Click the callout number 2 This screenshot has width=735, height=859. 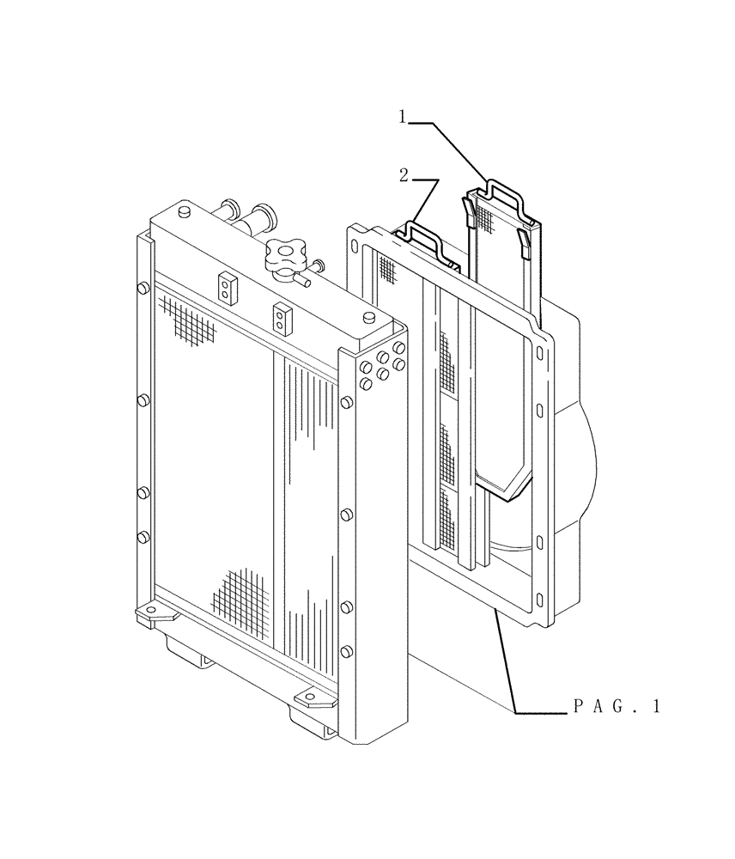click(404, 176)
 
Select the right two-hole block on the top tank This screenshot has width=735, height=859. click(280, 318)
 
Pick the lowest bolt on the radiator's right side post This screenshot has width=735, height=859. click(346, 649)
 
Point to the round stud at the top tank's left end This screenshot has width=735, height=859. click(183, 212)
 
